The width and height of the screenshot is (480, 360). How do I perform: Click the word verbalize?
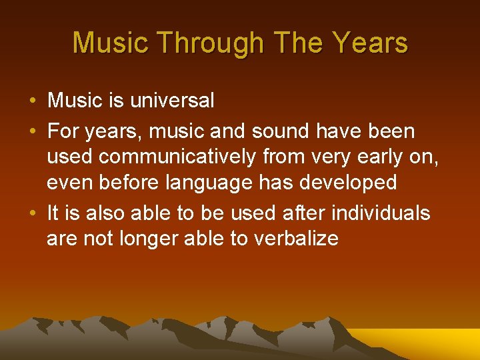point(296,238)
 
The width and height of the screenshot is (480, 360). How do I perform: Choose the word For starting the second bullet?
point(63,132)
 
